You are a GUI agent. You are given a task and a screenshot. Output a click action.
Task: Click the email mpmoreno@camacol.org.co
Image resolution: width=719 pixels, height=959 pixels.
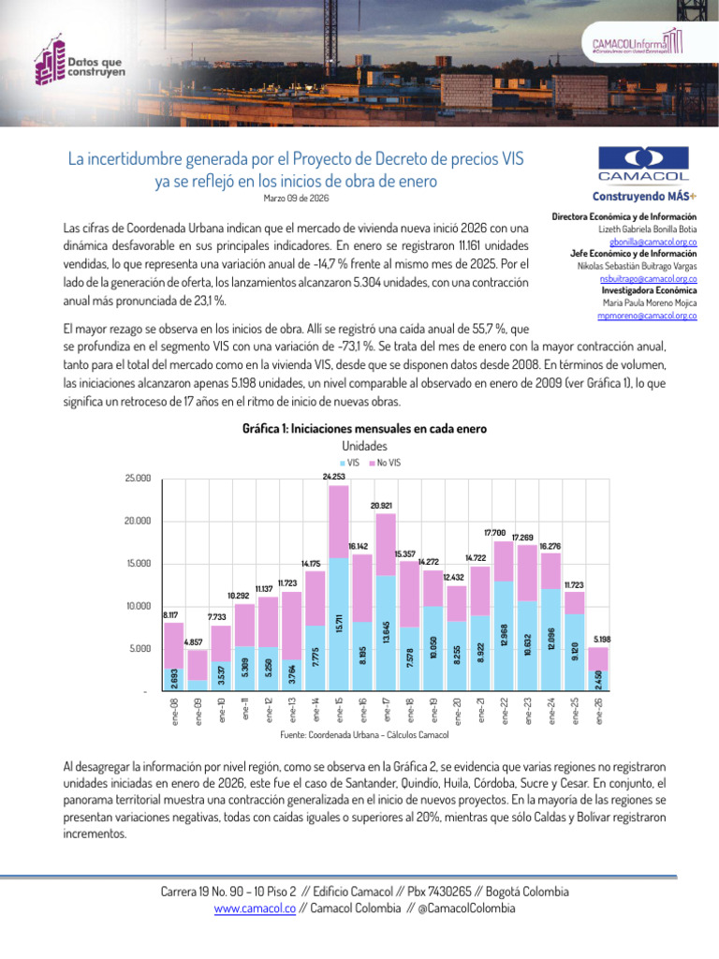pos(646,317)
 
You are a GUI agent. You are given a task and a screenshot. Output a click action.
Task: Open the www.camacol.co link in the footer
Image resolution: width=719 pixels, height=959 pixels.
pos(256,907)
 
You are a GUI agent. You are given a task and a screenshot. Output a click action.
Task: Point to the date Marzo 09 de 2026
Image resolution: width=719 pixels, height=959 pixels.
pos(296,198)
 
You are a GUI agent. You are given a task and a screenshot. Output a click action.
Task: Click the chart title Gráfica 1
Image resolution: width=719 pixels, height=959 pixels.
pos(364,429)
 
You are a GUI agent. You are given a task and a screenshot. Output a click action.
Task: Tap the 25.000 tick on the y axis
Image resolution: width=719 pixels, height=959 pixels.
pos(137,479)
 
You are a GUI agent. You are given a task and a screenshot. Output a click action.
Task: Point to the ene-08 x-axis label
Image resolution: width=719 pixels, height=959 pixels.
pos(173,710)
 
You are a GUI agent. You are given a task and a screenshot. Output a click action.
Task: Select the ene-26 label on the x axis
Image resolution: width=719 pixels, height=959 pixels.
pos(599,710)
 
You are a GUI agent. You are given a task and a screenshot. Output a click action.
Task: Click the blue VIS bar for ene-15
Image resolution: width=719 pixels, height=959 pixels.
pos(339,625)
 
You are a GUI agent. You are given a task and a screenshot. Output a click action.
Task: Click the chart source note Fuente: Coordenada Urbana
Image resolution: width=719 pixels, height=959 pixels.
pos(364,735)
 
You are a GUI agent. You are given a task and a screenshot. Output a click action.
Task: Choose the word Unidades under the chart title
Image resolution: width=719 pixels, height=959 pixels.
pos(364,446)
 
